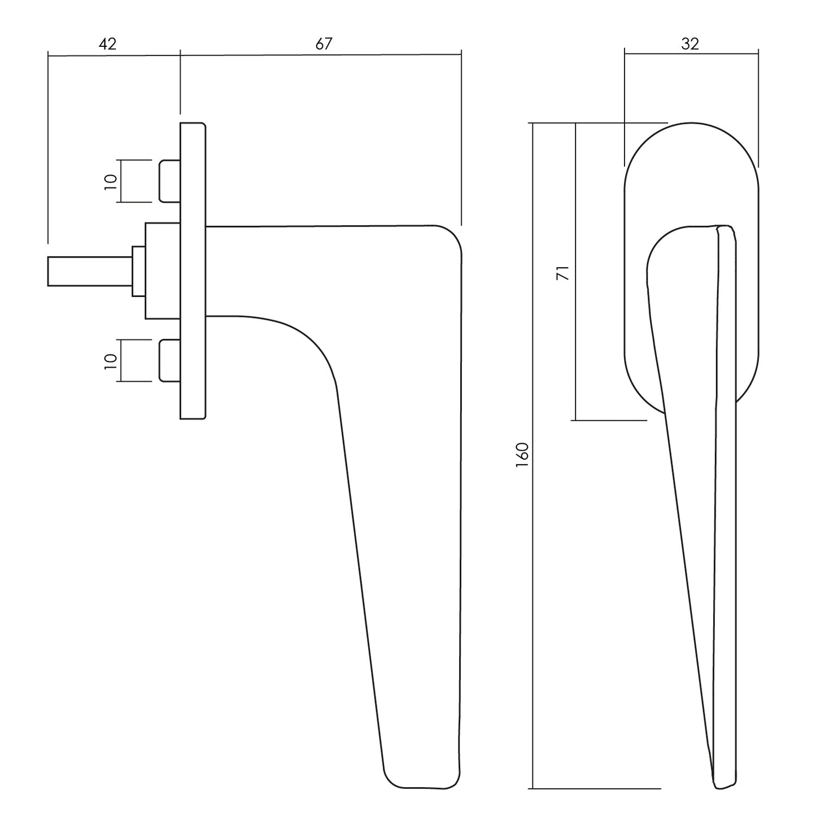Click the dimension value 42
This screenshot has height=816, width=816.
107,44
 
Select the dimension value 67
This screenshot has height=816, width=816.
324,44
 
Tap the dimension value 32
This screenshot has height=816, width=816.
690,44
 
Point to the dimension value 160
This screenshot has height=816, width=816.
522,455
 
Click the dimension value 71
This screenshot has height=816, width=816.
563,272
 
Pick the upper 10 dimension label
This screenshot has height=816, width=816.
111,181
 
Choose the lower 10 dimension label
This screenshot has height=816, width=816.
111,360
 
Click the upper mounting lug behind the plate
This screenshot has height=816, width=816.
170,181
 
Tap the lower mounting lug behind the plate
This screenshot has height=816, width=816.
170,360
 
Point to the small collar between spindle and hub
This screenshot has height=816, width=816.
138,271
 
